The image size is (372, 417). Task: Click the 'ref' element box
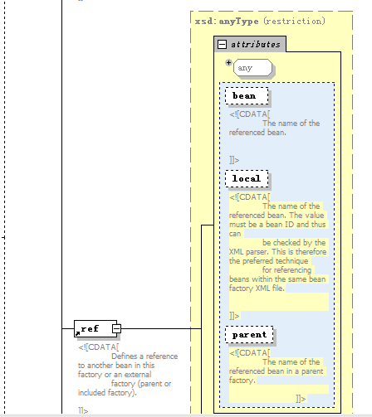point(95,328)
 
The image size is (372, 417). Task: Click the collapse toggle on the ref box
point(116,328)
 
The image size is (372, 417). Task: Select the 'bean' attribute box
point(247,96)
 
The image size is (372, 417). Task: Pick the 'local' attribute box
point(247,179)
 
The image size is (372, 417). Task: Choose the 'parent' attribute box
point(249,335)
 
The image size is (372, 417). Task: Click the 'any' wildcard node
point(252,68)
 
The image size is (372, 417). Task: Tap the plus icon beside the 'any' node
point(228,62)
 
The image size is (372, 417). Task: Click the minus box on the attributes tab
point(222,44)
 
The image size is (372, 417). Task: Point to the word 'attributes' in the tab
point(256,45)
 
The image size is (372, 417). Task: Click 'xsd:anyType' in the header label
point(227,22)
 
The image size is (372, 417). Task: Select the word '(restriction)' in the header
point(294,21)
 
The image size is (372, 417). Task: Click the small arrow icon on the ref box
point(78,333)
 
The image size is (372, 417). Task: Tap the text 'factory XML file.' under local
point(257,289)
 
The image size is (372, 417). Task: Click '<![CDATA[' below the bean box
point(250,114)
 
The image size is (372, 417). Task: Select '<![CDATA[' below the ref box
point(99,347)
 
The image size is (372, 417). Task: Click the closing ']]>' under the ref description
point(83,411)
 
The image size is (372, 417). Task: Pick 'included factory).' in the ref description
point(107,393)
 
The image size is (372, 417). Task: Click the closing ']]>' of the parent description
point(301,399)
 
